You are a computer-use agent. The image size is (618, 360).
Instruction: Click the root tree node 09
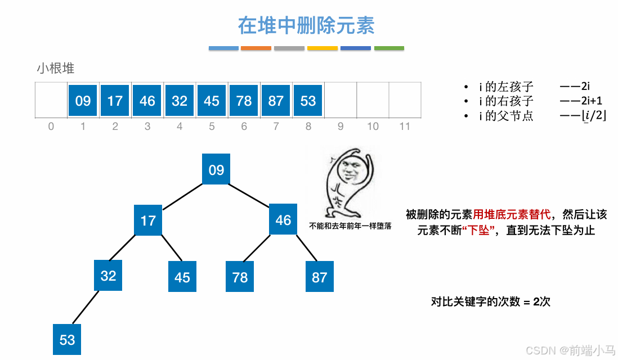[216, 170]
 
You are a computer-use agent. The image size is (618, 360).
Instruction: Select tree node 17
[148, 219]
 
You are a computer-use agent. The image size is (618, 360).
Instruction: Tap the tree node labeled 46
[283, 219]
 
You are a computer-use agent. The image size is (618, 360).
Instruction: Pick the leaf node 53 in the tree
[67, 340]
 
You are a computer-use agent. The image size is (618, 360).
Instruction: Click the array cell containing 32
[180, 101]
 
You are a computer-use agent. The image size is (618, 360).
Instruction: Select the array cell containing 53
[308, 101]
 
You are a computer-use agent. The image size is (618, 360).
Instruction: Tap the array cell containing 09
[83, 101]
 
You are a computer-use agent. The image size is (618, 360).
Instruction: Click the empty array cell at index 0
[51, 101]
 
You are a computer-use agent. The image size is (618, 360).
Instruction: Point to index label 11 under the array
[405, 126]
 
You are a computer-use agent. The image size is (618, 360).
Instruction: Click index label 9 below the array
[341, 126]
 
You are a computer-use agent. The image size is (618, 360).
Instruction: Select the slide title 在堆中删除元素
[306, 25]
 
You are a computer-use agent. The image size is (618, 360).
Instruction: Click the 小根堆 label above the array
[56, 69]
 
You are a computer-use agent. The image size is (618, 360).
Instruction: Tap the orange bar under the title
[256, 48]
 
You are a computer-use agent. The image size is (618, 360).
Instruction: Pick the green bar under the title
[389, 48]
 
